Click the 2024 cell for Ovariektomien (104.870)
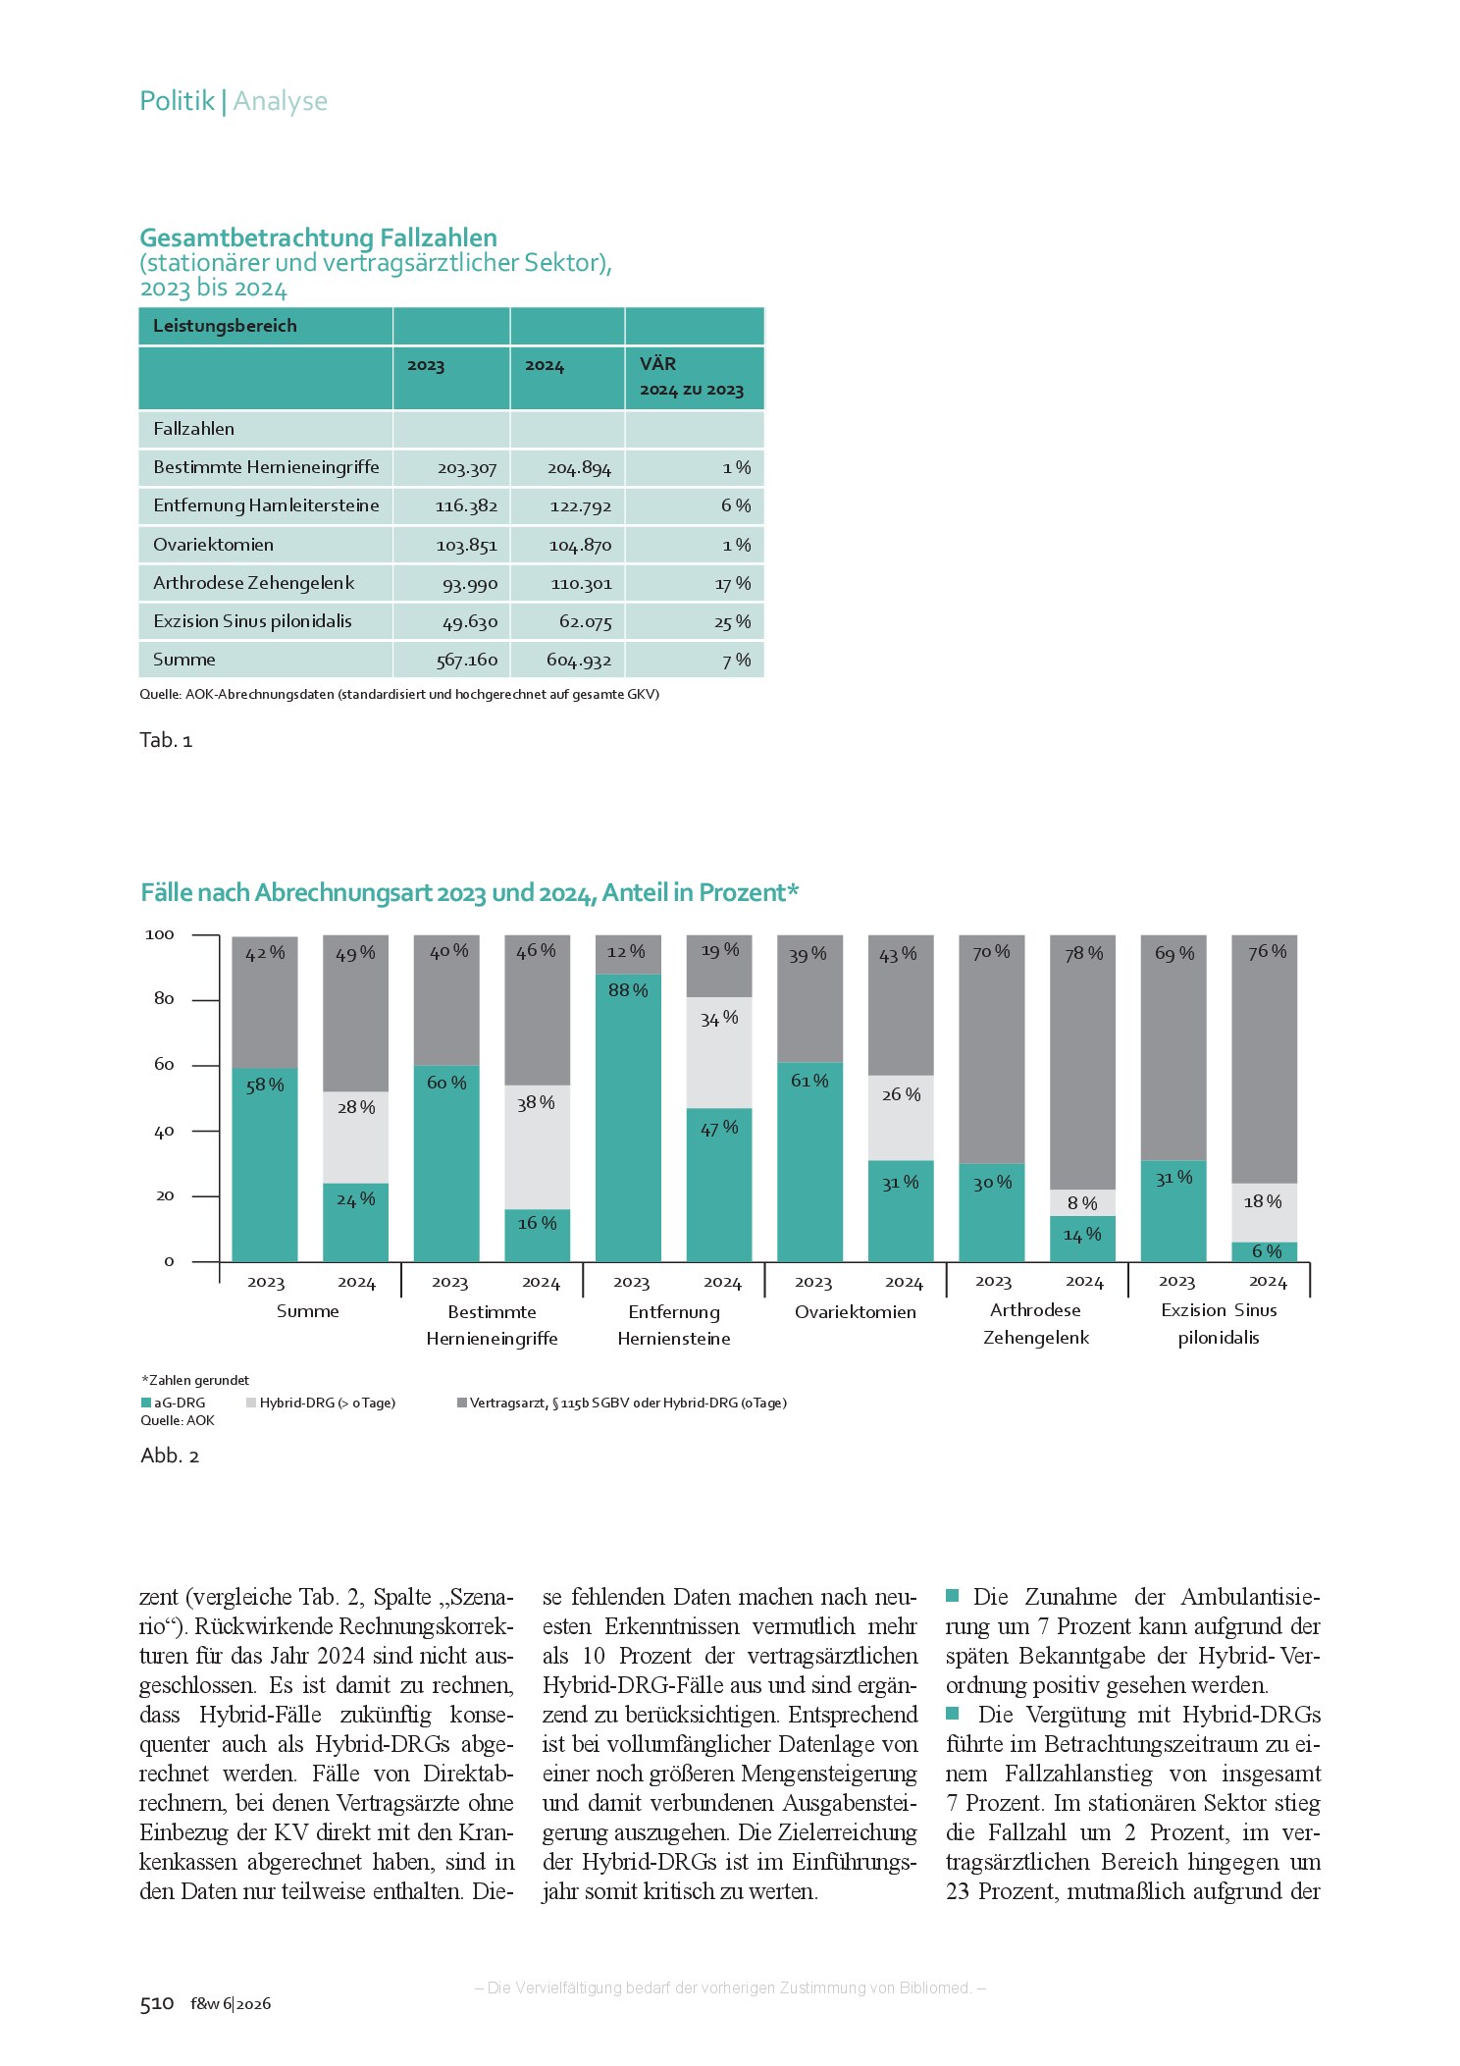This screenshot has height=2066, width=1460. [x=580, y=546]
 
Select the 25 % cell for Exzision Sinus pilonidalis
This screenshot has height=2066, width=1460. [x=732, y=622]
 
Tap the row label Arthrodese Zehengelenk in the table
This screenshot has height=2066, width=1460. [x=253, y=583]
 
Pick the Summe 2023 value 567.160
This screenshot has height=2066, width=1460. [x=467, y=661]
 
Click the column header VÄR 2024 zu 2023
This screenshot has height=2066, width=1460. [x=692, y=377]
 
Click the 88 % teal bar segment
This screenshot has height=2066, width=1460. [x=628, y=1117]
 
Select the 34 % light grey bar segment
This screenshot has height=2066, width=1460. [x=719, y=1052]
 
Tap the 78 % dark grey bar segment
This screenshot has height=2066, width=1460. [x=1083, y=1062]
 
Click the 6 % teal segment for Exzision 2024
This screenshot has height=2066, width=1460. [x=1265, y=1251]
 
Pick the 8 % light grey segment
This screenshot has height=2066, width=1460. [x=1083, y=1202]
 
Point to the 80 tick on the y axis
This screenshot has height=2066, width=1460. [x=164, y=999]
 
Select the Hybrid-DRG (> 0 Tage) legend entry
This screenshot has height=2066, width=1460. [x=321, y=1403]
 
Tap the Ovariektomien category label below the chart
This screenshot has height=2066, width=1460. [x=856, y=1312]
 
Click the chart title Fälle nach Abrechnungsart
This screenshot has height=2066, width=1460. [x=470, y=892]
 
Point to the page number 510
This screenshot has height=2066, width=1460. [x=157, y=2003]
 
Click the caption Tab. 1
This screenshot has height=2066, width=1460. [x=166, y=740]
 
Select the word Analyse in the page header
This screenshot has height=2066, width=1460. [x=281, y=101]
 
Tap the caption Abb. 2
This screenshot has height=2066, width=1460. [x=170, y=1456]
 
